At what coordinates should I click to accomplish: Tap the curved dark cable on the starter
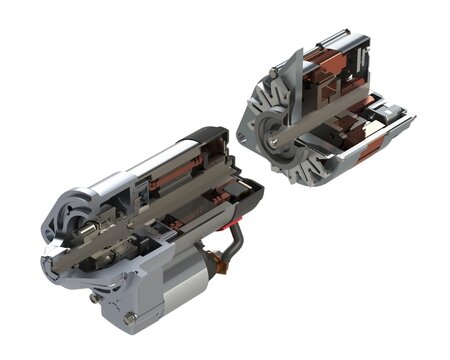[x=232, y=246]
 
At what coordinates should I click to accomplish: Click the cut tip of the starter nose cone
[x=48, y=263]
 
